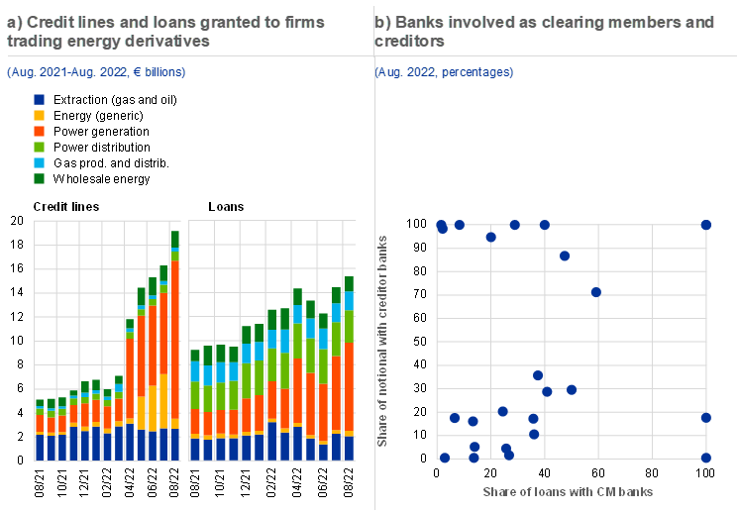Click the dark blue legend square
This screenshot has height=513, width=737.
[39, 100]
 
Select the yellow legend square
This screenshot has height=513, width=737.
[39, 116]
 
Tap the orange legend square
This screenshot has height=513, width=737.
[39, 131]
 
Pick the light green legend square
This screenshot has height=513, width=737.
[39, 147]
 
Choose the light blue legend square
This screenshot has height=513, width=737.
[39, 162]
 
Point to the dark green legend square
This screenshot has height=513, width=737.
[39, 178]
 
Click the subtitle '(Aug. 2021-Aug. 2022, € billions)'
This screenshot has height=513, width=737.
[95, 72]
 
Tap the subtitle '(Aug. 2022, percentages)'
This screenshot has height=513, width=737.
[445, 72]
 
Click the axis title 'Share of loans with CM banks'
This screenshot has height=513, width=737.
[569, 492]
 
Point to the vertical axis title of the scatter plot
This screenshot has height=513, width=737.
[383, 341]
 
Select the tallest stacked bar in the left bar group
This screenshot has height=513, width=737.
[175, 347]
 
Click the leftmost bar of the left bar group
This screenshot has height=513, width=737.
[39, 431]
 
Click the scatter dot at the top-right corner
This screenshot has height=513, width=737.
[706, 225]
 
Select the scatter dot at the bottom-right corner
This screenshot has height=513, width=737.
[706, 458]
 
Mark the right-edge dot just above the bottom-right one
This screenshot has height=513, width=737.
[706, 418]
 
